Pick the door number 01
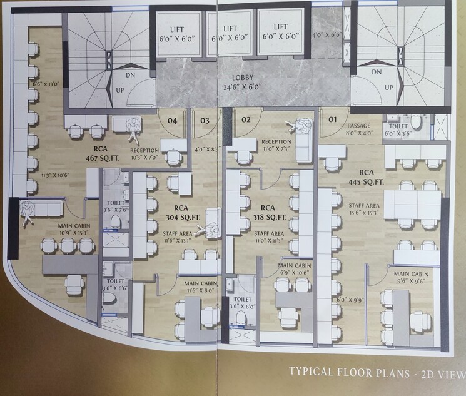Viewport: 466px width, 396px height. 333,119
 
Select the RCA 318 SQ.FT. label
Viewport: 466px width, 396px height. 268,213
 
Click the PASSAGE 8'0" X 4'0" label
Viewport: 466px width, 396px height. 358,129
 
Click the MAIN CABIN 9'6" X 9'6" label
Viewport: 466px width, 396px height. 410,278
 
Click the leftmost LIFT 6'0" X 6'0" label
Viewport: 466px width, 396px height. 176,33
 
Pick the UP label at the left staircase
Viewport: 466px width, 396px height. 120,90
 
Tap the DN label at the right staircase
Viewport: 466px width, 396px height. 377,72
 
